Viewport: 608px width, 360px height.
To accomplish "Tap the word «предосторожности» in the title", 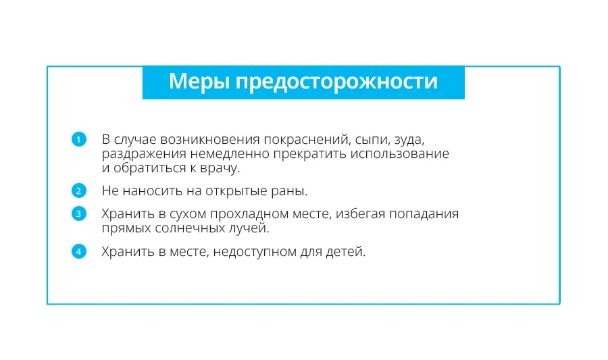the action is [336, 82].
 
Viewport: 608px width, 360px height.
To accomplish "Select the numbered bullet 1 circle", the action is [79, 139].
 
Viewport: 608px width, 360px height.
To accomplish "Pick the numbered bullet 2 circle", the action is [79, 190].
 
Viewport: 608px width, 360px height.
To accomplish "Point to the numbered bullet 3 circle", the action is [79, 213].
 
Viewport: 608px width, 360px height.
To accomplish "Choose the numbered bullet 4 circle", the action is [79, 251].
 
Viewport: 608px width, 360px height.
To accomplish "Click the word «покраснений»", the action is [307, 140].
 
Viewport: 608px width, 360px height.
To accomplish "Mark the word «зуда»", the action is [409, 140].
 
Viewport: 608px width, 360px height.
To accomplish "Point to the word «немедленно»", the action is [230, 154].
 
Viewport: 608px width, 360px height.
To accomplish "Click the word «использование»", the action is [400, 154].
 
